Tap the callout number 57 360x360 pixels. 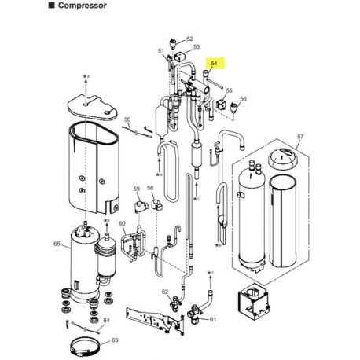click(x=300, y=137)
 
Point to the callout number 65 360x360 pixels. click(x=56, y=246)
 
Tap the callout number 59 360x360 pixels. click(x=135, y=189)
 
